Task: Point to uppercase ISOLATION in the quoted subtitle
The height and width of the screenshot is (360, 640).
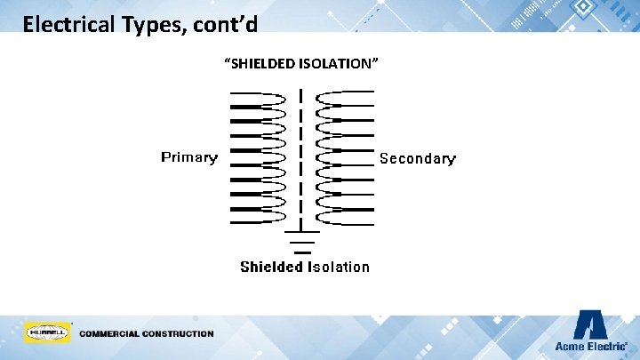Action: [x=343, y=64]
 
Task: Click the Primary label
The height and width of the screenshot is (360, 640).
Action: [x=188, y=158]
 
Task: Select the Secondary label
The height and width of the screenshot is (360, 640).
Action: [x=417, y=159]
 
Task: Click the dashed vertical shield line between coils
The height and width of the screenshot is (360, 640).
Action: [x=301, y=156]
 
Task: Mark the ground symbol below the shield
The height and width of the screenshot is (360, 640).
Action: [x=301, y=237]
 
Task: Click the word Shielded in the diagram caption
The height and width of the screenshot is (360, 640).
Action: [x=272, y=267]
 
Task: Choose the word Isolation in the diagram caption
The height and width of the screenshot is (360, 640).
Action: [x=339, y=267]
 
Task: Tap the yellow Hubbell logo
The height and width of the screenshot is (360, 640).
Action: [x=48, y=332]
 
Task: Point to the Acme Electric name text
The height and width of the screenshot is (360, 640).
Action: [x=590, y=346]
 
